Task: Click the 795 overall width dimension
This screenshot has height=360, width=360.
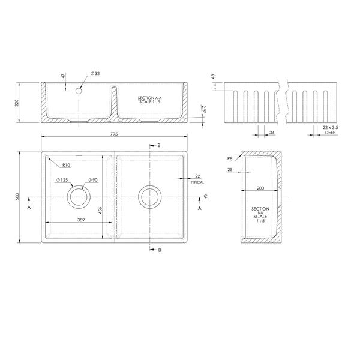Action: click(x=114, y=134)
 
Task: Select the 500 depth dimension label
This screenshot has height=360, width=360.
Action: click(x=18, y=197)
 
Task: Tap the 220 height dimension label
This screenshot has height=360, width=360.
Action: click(x=17, y=103)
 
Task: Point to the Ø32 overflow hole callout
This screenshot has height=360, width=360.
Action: click(x=95, y=73)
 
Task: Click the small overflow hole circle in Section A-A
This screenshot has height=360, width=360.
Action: click(x=79, y=91)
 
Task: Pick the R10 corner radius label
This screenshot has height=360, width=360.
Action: click(x=66, y=165)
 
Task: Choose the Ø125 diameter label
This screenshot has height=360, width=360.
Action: click(x=62, y=180)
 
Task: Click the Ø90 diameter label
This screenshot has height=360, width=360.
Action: click(x=93, y=180)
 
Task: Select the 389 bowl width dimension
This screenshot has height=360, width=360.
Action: click(x=81, y=220)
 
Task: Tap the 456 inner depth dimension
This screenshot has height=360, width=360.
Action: click(x=100, y=211)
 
